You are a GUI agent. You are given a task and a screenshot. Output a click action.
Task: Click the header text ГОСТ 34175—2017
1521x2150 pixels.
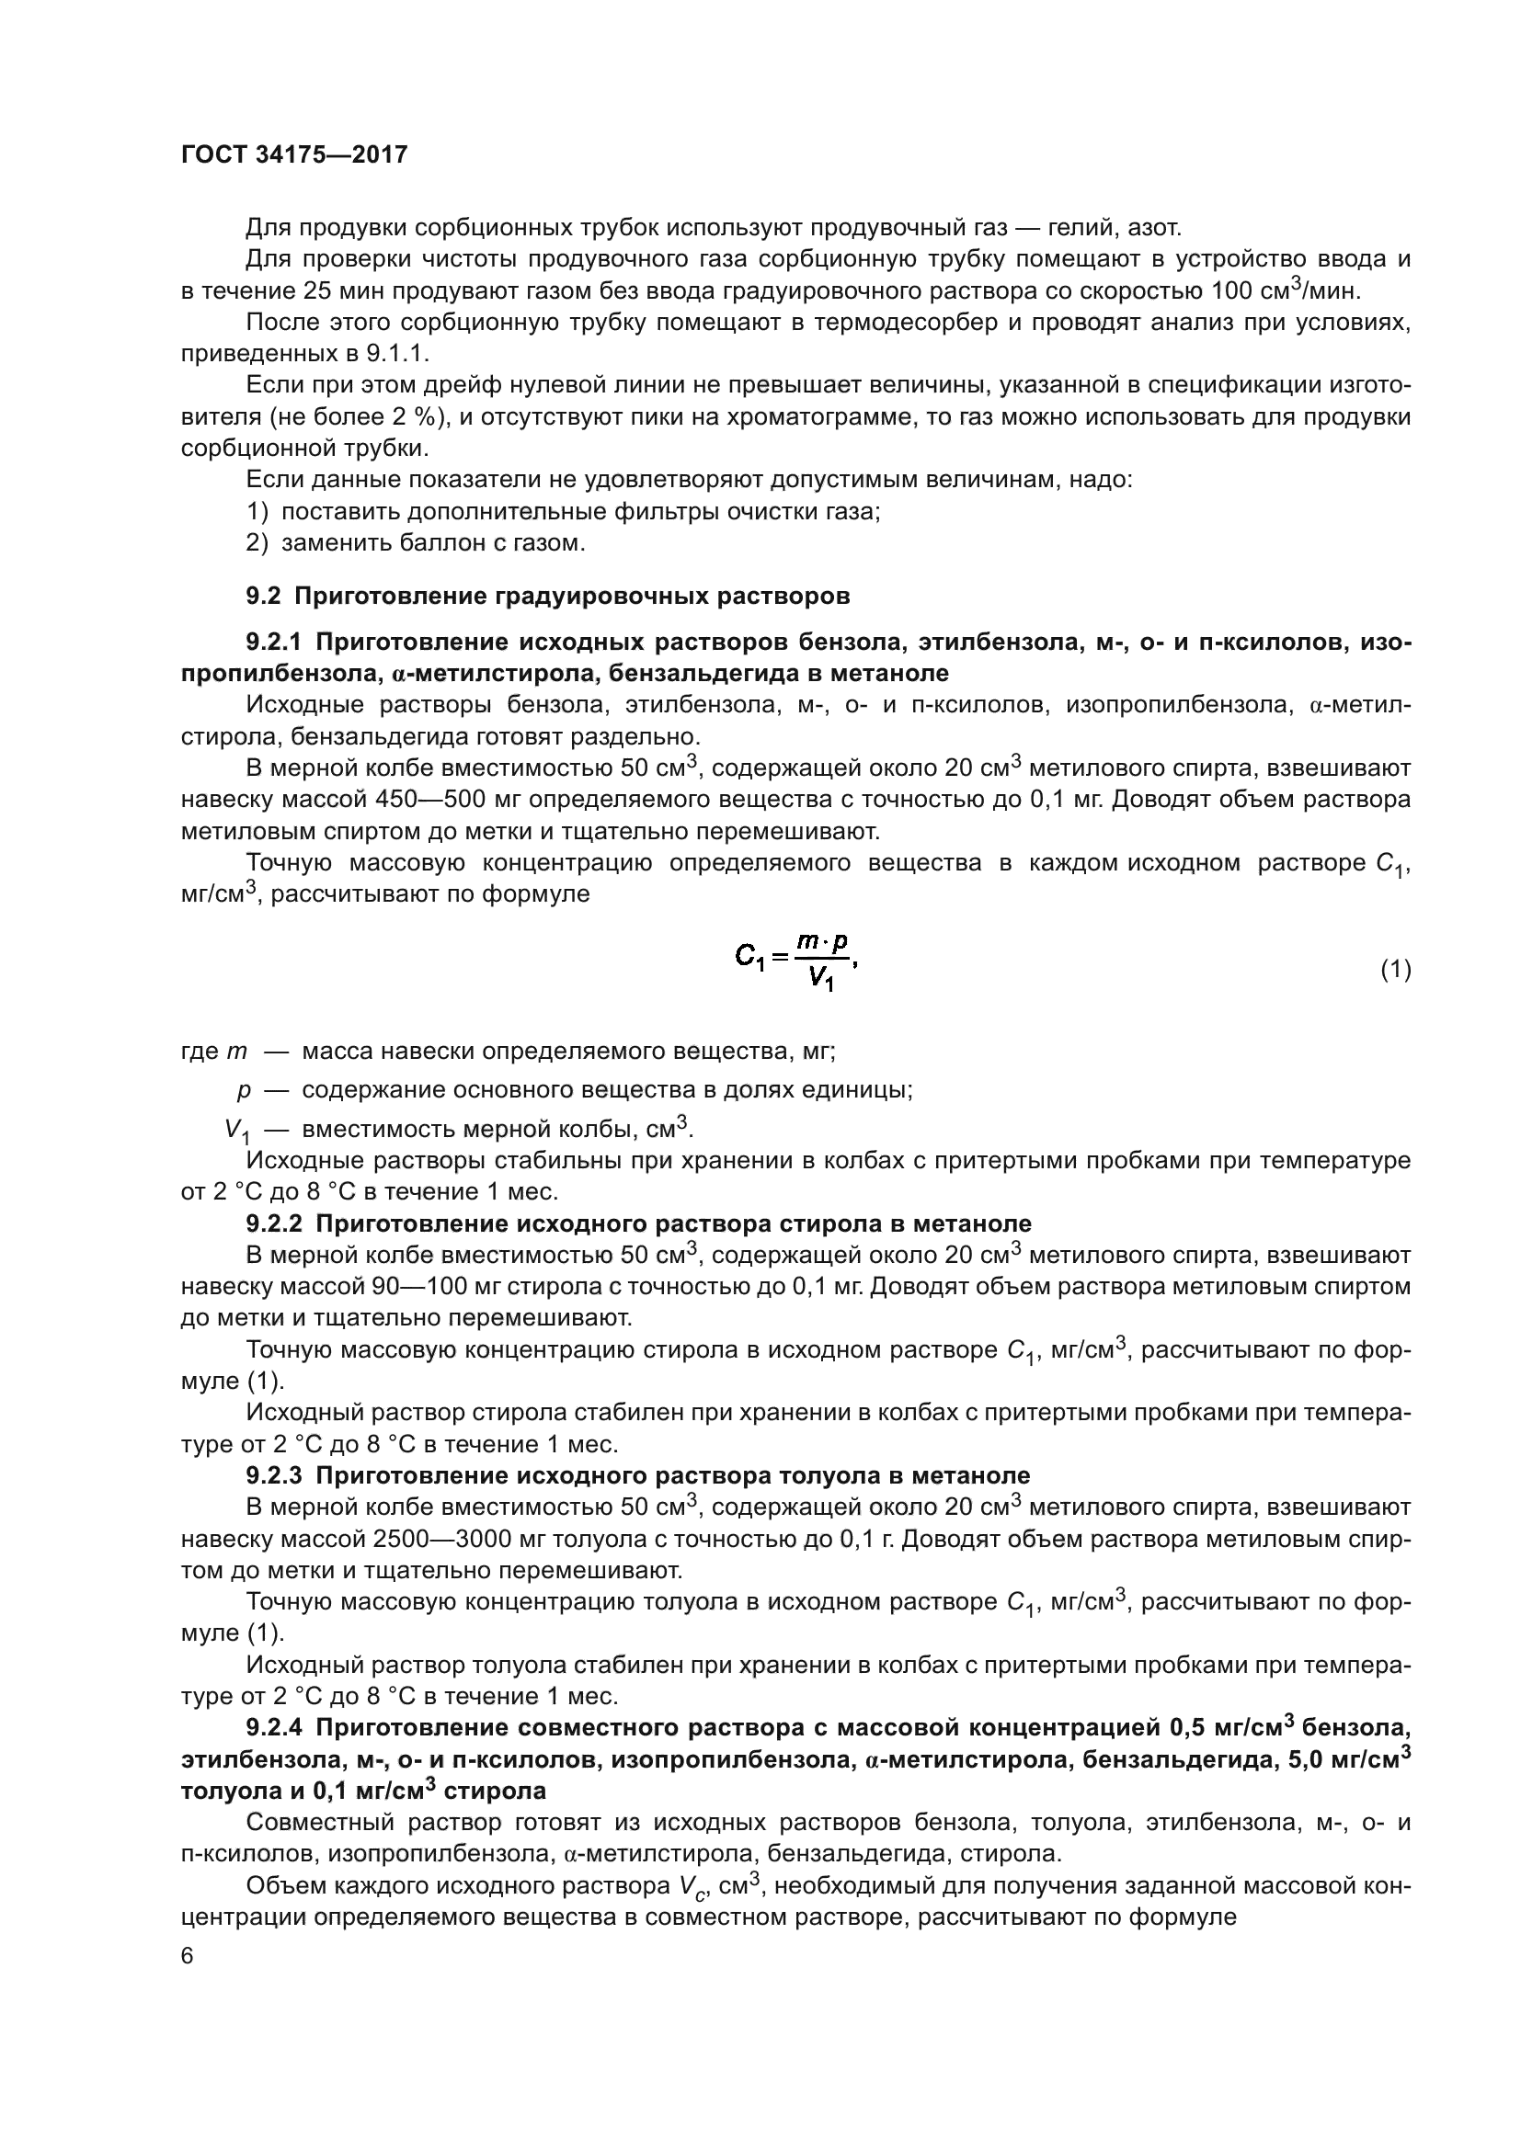click(x=294, y=154)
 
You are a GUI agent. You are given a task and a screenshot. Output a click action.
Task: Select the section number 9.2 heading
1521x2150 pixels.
click(x=263, y=597)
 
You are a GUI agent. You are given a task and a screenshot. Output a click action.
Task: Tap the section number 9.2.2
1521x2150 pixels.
click(x=273, y=1223)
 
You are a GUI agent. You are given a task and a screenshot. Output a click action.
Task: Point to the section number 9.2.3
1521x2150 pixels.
click(x=273, y=1476)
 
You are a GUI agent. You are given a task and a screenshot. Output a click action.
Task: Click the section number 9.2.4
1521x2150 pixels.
click(x=273, y=1728)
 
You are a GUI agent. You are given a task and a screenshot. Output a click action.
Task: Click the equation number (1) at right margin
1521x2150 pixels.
click(x=1396, y=970)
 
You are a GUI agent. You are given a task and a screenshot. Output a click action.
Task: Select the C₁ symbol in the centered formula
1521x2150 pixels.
click(x=750, y=956)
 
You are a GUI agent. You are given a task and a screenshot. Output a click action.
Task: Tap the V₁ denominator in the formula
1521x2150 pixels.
click(x=821, y=980)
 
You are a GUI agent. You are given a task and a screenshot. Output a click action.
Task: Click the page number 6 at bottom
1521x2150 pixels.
click(x=188, y=1957)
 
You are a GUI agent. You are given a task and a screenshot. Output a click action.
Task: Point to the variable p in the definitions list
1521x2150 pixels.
click(x=244, y=1090)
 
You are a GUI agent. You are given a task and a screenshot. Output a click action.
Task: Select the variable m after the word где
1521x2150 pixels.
click(x=237, y=1052)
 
